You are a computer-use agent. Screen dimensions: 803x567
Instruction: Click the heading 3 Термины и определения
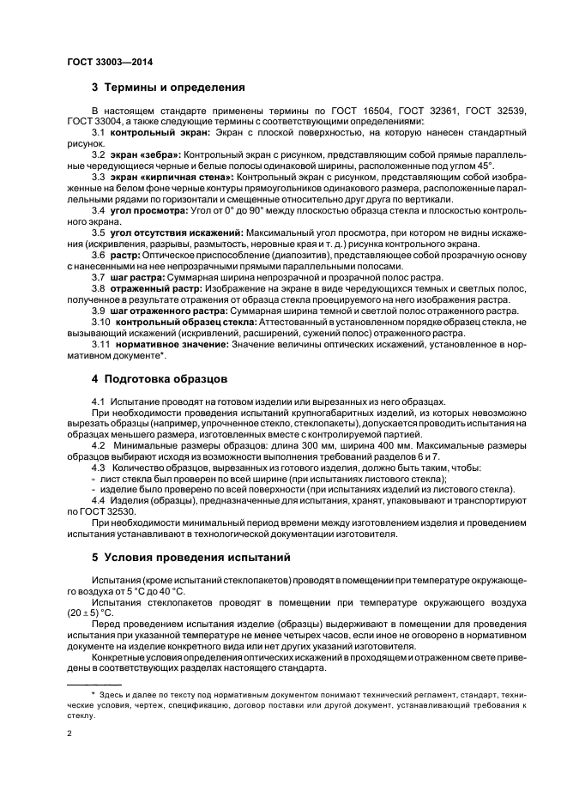click(168, 87)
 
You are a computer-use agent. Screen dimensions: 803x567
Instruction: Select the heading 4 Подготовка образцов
click(160, 377)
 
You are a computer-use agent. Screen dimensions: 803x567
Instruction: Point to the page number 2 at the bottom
click(69, 734)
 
